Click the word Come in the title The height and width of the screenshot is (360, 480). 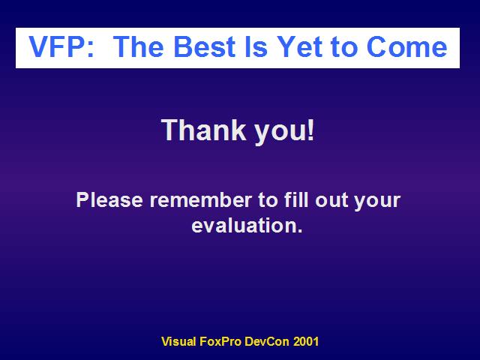point(406,46)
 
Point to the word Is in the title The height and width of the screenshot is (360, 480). point(256,46)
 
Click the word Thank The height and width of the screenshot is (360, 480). point(203,130)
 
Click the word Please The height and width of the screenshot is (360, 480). point(109,200)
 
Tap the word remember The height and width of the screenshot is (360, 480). point(200,200)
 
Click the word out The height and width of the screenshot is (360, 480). point(331,200)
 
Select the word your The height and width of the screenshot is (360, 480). point(376,202)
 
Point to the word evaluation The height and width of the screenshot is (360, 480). point(247,225)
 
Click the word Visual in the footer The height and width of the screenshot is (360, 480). point(178,341)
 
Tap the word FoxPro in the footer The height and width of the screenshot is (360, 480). point(220,341)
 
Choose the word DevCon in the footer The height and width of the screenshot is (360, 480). point(267,341)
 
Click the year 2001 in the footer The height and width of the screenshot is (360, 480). point(306,341)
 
